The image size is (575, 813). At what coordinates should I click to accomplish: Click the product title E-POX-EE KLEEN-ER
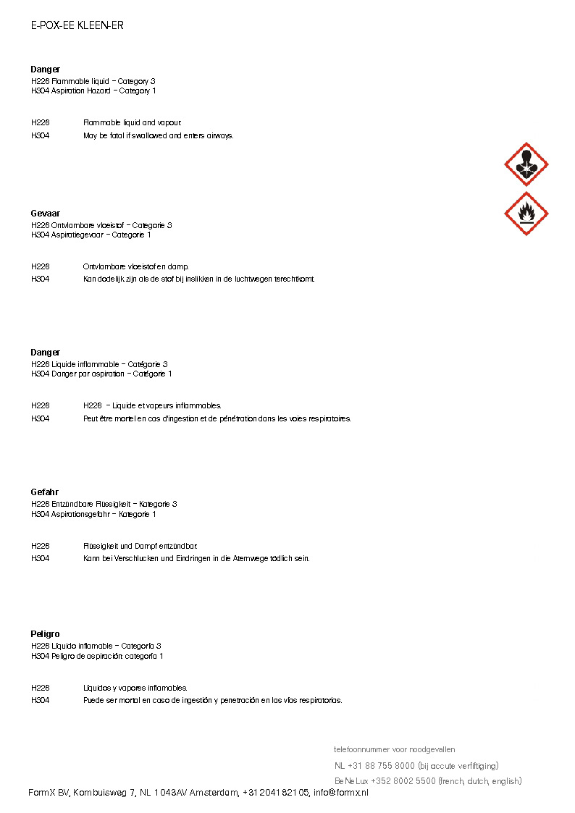(77, 25)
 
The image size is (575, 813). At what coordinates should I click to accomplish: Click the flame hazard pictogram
(526, 214)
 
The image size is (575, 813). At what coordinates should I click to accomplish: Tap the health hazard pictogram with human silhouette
(526, 164)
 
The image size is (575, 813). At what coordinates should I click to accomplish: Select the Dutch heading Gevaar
(46, 214)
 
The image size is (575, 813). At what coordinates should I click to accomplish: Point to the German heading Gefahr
(45, 492)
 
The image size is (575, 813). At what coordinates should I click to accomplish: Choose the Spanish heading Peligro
(46, 634)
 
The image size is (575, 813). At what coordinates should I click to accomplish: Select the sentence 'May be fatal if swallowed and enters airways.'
(159, 136)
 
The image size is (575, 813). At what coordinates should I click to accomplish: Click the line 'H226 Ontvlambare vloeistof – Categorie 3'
(101, 225)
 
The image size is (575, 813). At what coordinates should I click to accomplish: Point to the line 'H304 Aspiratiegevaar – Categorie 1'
(91, 235)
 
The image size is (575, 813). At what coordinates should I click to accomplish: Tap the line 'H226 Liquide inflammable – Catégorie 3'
(100, 364)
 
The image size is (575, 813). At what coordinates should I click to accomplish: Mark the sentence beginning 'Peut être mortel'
(217, 418)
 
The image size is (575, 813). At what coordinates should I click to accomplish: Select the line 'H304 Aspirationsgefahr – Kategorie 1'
(93, 515)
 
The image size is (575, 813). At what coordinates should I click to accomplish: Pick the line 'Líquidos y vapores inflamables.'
(135, 688)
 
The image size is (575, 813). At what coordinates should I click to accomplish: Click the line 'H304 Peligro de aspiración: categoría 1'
(97, 657)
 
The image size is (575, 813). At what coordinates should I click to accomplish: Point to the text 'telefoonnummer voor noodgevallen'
(395, 749)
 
